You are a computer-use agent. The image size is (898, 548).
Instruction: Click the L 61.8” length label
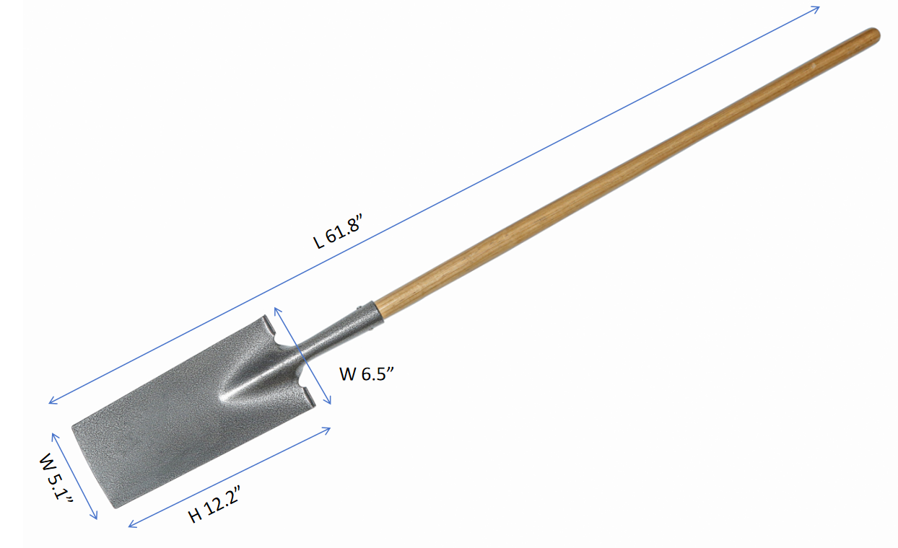(338, 231)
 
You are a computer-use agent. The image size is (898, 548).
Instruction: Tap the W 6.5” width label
(367, 374)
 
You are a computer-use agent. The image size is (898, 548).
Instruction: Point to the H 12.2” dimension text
(214, 504)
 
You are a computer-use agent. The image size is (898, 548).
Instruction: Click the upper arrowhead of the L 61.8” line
(815, 9)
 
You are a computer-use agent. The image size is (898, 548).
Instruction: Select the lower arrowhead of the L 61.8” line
(53, 400)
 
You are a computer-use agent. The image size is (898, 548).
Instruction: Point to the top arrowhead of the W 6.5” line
(276, 311)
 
